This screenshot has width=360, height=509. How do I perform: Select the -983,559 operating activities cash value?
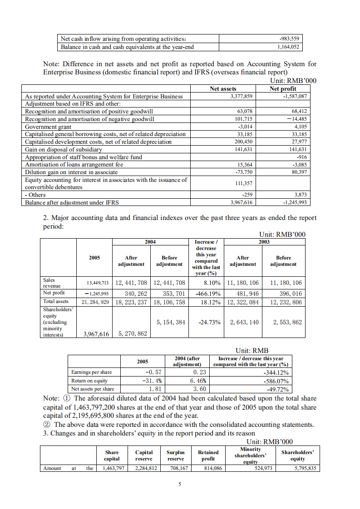290,39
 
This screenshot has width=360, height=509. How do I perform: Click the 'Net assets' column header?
223,89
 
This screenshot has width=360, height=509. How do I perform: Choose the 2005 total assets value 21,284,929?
94,301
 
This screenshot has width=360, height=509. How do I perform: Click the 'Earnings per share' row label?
91,372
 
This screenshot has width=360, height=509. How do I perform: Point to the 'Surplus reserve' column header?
176,455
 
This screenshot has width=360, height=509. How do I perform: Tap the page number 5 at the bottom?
180,484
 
